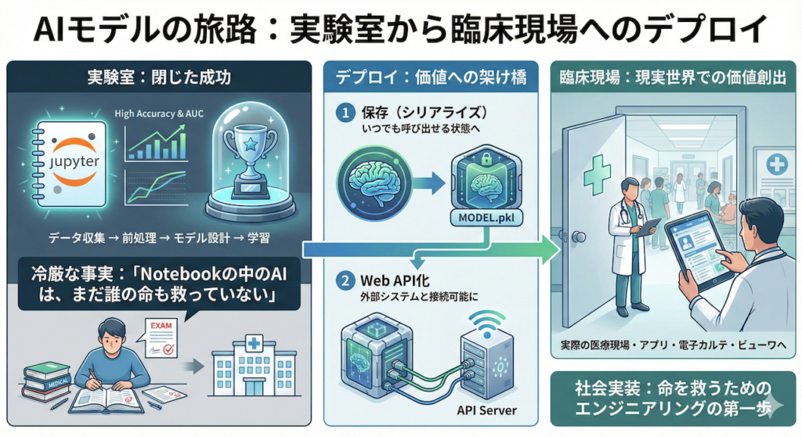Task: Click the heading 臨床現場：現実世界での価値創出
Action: point(671,78)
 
